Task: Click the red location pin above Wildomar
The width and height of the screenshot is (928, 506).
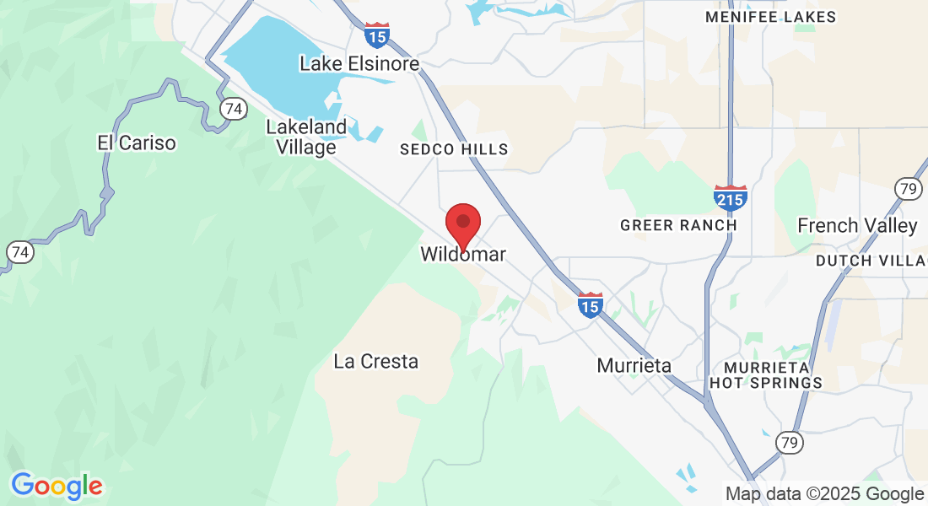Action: [463, 223]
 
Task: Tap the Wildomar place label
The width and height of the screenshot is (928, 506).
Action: [463, 254]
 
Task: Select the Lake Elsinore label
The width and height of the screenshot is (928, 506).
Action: [359, 63]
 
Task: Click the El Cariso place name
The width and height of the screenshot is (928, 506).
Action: [137, 143]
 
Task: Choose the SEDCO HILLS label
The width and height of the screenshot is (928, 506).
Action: [454, 149]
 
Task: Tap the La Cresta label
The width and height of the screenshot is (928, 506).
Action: [376, 362]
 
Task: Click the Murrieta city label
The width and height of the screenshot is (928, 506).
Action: [634, 365]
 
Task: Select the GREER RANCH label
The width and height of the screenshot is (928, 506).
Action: [678, 225]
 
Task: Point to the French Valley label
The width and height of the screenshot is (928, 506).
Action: [857, 225]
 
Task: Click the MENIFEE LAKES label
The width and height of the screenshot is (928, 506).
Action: [771, 17]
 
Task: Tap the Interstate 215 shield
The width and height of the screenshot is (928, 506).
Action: [730, 197]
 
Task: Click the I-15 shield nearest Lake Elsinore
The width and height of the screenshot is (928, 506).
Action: [377, 35]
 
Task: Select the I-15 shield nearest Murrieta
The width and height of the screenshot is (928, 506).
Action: [591, 305]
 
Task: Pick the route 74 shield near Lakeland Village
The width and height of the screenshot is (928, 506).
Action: [233, 109]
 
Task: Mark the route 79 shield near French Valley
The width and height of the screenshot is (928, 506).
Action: [908, 188]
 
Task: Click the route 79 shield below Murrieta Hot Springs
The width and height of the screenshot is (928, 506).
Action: [788, 441]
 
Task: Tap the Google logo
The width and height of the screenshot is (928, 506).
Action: [57, 486]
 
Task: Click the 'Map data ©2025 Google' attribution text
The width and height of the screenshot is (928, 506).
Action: [825, 494]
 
